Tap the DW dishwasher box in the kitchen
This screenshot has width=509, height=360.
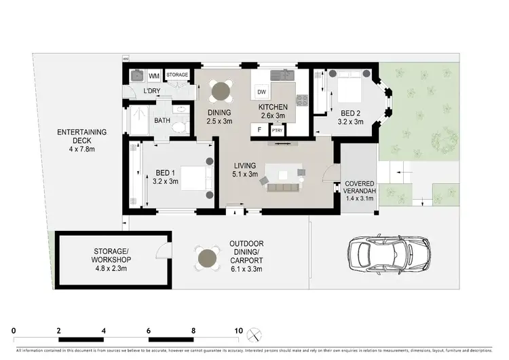tap(261, 92)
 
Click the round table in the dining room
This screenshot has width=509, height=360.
tap(221, 90)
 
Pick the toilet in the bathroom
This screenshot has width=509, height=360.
tap(178, 127)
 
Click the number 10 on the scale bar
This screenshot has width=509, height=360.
tap(238, 331)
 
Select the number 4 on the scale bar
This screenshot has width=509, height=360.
tap(104, 331)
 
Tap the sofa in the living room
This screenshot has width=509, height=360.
tap(282, 187)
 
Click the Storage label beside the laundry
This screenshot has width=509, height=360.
tap(177, 75)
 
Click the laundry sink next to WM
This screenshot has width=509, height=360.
tap(136, 76)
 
